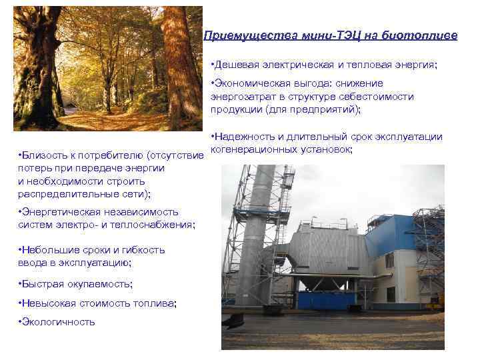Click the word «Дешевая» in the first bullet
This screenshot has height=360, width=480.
point(237,65)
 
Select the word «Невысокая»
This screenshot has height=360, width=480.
point(47,303)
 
